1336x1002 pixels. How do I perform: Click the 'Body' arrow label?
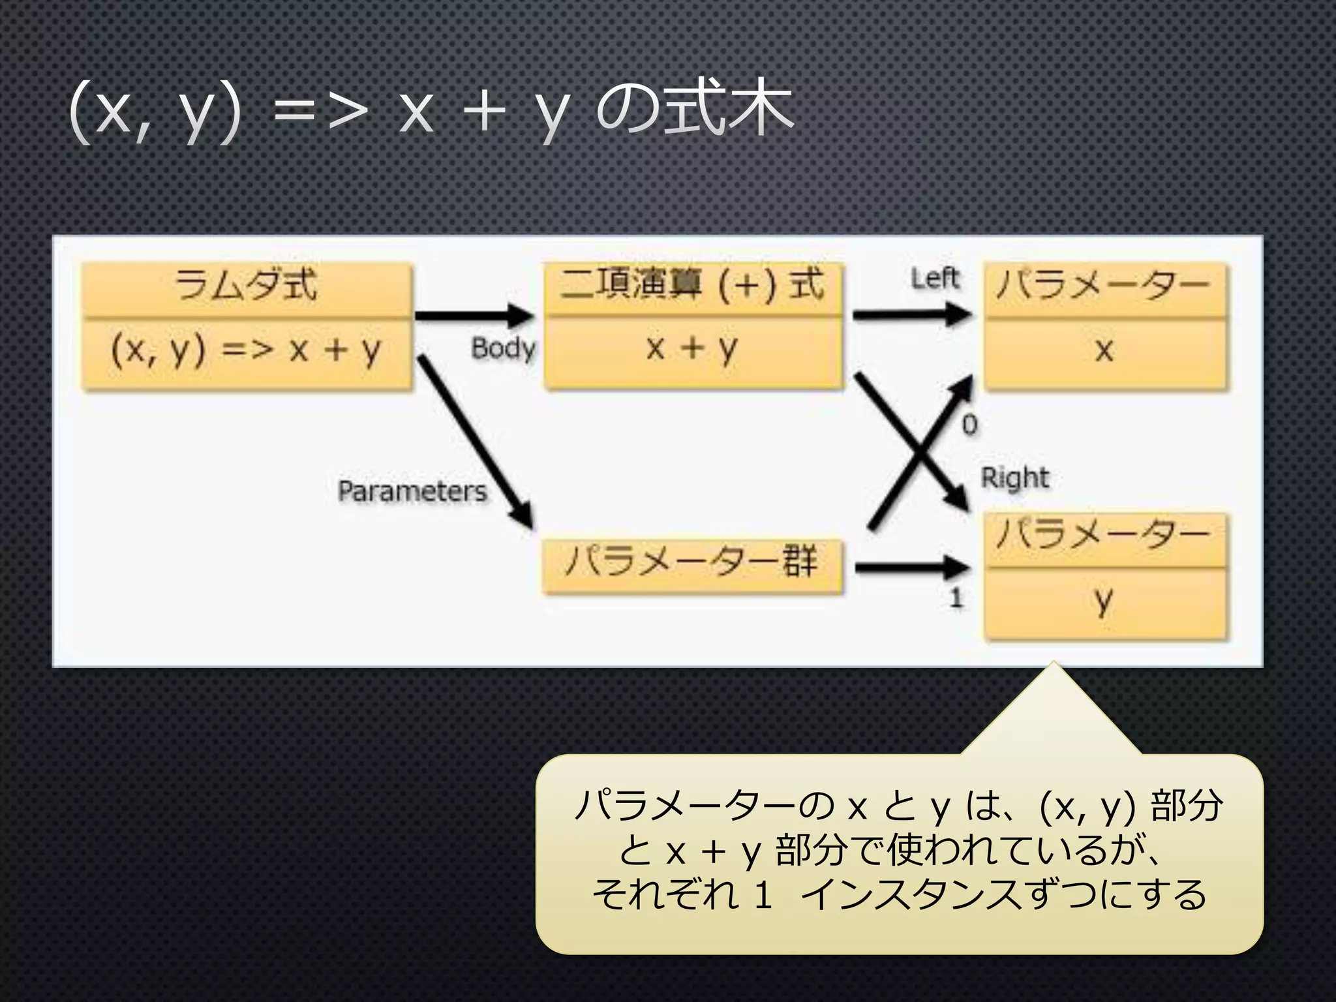tap(503, 348)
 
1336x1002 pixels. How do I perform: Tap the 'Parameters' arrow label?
tap(412, 491)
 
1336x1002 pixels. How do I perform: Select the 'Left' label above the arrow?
tap(935, 279)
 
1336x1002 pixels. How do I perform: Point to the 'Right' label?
tap(1015, 478)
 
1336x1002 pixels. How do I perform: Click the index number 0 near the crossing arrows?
tap(969, 425)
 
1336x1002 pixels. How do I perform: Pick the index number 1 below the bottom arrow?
tap(956, 598)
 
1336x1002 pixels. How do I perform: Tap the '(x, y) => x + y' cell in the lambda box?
tap(247, 351)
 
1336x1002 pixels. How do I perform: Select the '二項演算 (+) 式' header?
tap(692, 286)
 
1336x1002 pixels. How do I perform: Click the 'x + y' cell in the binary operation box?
tap(692, 348)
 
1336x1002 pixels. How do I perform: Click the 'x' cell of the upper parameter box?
tap(1104, 351)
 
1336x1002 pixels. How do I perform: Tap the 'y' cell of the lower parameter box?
tap(1104, 601)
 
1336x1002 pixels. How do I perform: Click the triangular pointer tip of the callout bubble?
tap(1053, 672)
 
